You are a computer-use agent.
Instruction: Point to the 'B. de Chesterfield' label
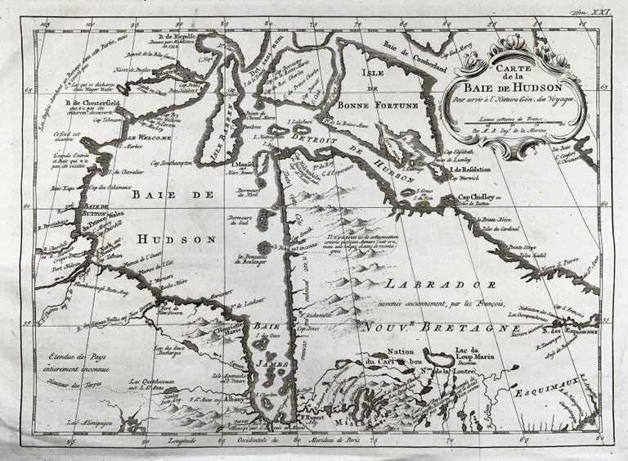tap(79, 101)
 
